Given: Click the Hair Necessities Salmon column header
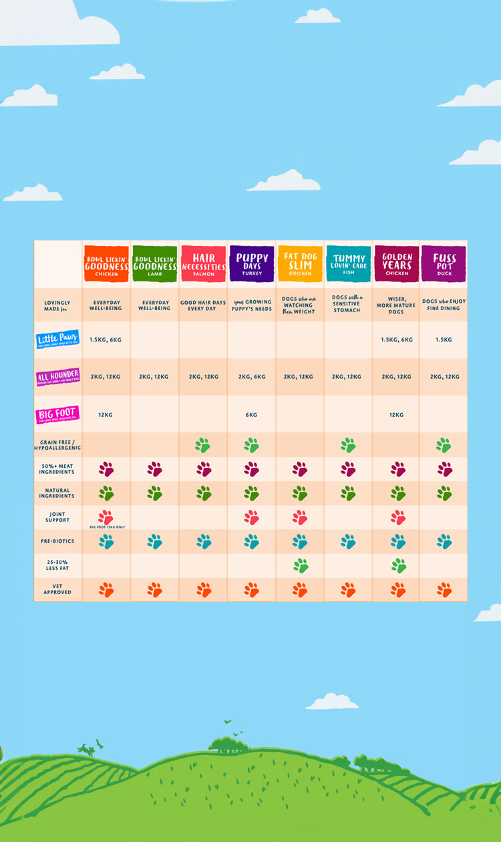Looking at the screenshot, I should pyautogui.click(x=203, y=263).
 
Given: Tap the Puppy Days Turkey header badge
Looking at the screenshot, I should pyautogui.click(x=251, y=263).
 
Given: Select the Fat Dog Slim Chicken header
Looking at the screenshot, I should pyautogui.click(x=300, y=263).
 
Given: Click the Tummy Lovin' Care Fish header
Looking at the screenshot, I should pyautogui.click(x=348, y=263).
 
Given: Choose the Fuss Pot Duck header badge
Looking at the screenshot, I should pyautogui.click(x=444, y=263).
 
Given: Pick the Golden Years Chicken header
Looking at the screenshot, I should pyautogui.click(x=397, y=263).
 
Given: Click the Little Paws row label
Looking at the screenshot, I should pyautogui.click(x=57, y=339).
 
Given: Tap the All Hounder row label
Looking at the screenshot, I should pyautogui.click(x=57, y=377).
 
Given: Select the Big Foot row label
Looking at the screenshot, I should pyautogui.click(x=57, y=415).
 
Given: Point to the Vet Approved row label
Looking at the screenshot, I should pyautogui.click(x=57, y=589).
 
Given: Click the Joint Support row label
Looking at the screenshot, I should pyautogui.click(x=57, y=517).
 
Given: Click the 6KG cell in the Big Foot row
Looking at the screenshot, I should pyautogui.click(x=251, y=415).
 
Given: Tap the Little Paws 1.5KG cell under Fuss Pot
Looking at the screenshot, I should pyautogui.click(x=444, y=339).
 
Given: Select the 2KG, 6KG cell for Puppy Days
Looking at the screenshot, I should pyautogui.click(x=251, y=377).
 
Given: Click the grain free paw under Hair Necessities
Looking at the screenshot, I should pyautogui.click(x=203, y=445).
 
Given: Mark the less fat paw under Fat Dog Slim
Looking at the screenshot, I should pyautogui.click(x=300, y=565).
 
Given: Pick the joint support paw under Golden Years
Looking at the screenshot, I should pyautogui.click(x=398, y=517).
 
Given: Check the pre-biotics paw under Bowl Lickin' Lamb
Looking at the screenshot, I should pyautogui.click(x=154, y=541).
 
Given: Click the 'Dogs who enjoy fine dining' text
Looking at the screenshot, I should pyautogui.click(x=444, y=305).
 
